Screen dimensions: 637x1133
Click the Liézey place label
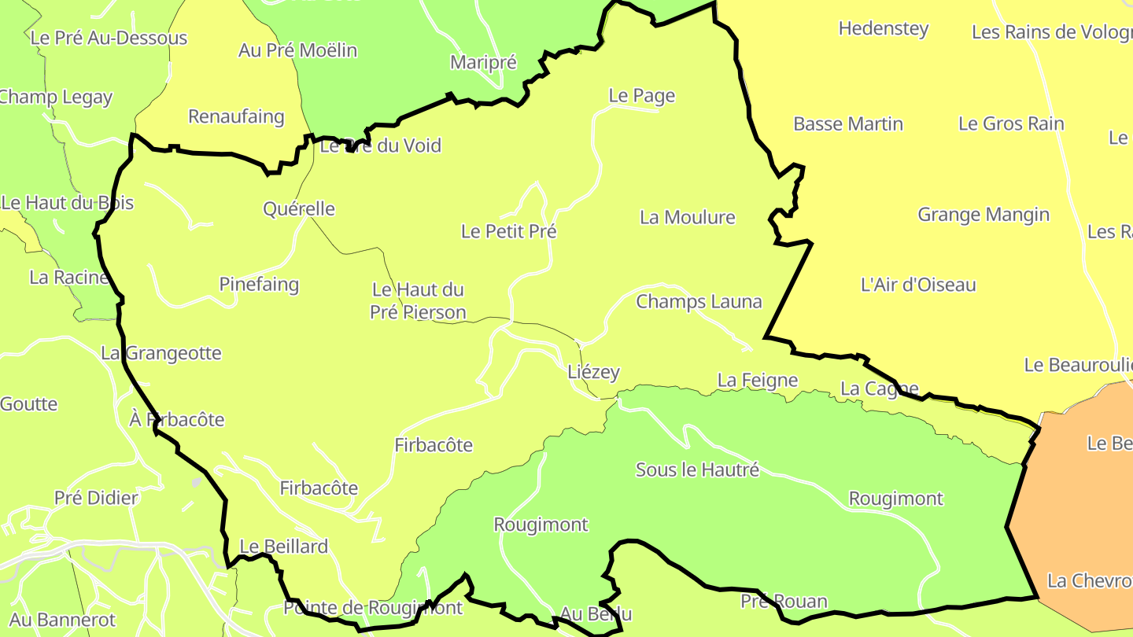point(594,373)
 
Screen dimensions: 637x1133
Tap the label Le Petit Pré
point(509,231)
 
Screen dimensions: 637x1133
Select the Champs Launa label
point(699,301)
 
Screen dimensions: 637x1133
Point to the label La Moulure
point(688,217)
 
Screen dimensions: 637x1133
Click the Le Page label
point(642,96)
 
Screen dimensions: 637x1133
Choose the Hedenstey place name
point(884,29)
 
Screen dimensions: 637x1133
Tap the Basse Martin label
point(848,124)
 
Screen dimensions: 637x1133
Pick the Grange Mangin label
point(984,215)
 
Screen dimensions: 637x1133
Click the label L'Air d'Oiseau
point(918,285)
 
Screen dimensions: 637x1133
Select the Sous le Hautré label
point(697,470)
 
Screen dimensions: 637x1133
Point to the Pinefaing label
point(259,284)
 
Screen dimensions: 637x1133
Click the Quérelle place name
point(299,209)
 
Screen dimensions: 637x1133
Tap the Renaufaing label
point(236,117)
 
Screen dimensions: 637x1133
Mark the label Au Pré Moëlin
point(297,50)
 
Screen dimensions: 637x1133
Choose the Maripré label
point(484,62)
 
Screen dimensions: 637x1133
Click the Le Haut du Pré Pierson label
point(418,301)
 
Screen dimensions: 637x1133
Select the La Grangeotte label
point(161,354)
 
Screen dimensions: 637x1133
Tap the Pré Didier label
point(96,498)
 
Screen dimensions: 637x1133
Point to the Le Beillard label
point(283,547)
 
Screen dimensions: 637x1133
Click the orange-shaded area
point(1078,511)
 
